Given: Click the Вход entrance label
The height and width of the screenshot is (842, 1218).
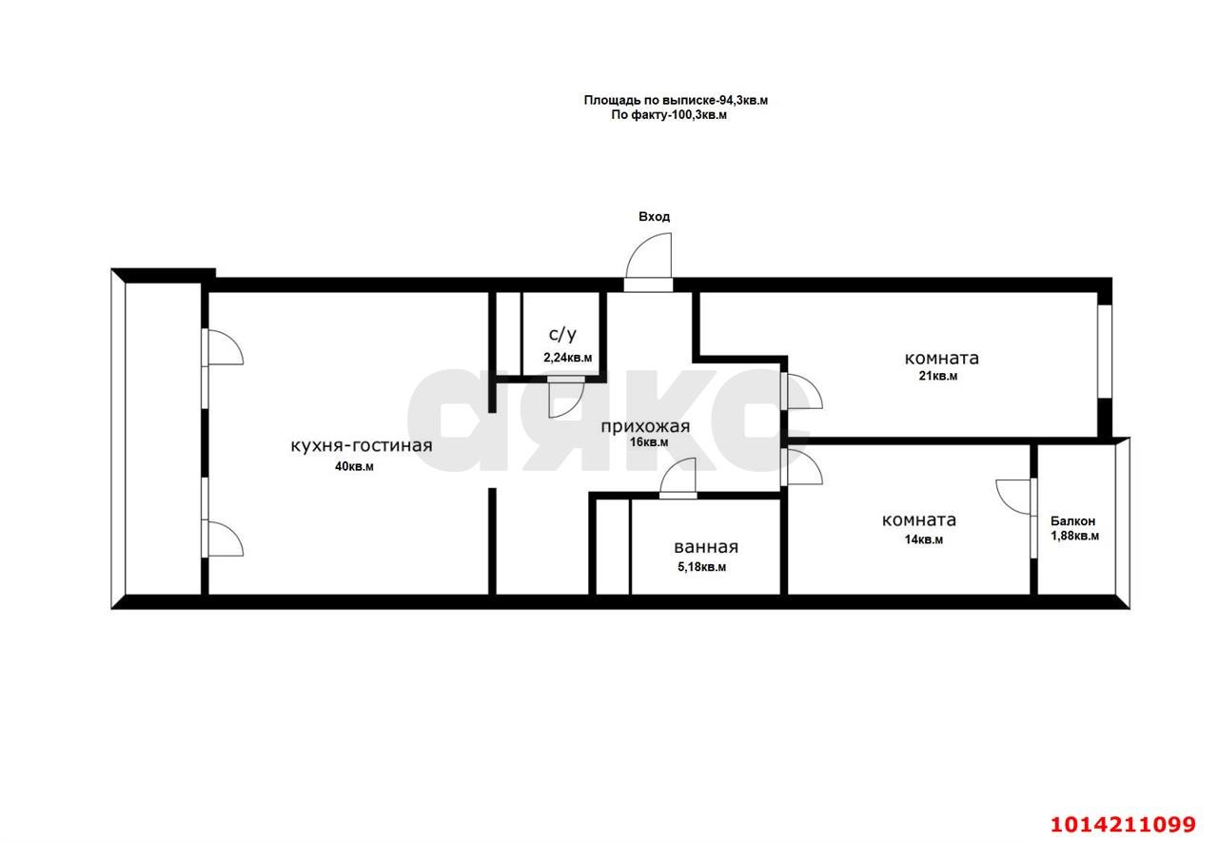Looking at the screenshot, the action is (x=654, y=217).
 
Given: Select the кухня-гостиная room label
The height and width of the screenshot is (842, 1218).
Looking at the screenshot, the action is (x=362, y=446).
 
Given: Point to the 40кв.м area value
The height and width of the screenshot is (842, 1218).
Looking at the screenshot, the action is (x=354, y=467).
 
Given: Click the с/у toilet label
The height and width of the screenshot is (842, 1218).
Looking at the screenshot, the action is (x=562, y=334).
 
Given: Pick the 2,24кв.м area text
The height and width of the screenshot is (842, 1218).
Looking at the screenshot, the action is (x=568, y=359).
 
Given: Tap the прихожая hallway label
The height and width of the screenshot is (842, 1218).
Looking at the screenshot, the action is (x=645, y=426).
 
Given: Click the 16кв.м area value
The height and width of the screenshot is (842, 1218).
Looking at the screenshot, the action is (x=649, y=442).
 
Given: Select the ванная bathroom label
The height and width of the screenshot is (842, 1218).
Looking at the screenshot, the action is (x=706, y=547).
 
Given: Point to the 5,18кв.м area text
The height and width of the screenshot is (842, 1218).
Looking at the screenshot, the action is (x=702, y=567).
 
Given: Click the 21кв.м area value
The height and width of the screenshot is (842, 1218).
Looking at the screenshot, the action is (x=938, y=376).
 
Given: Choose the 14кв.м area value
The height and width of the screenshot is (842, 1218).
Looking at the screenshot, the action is (x=924, y=540).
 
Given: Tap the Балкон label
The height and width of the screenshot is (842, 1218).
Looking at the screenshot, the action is (x=1072, y=521).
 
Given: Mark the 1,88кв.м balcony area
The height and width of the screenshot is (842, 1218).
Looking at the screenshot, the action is (x=1074, y=537).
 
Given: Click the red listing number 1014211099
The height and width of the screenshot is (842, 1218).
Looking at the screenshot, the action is (x=1123, y=825).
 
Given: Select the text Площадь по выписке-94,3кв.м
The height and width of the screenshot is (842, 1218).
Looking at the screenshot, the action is (x=676, y=101).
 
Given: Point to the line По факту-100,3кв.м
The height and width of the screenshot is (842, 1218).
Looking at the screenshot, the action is (x=669, y=115).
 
